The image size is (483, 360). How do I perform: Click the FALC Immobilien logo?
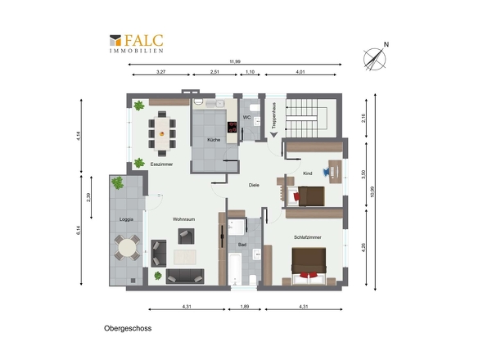[137, 43]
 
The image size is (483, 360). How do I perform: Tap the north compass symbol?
[375, 57]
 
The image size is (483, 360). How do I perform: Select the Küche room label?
[214, 140]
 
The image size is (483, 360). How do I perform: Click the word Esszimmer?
[161, 164]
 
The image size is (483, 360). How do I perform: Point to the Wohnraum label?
[183, 219]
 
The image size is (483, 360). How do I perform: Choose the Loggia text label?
[126, 219]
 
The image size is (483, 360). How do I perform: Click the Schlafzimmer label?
[308, 237]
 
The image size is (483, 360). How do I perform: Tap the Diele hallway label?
[254, 185]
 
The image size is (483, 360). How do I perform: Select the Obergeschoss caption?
[128, 328]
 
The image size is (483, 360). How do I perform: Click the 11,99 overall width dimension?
[235, 61]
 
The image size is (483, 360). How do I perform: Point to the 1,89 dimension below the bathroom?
[245, 307]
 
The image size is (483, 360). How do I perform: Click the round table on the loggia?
[127, 247]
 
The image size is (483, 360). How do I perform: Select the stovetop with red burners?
[232, 127]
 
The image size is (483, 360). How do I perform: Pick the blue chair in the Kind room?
[326, 172]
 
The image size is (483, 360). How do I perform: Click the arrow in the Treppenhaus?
[274, 134]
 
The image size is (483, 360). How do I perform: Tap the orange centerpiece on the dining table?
[162, 133]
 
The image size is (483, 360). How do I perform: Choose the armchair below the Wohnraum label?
[186, 236]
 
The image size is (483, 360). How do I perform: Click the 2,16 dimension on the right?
[363, 118]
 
